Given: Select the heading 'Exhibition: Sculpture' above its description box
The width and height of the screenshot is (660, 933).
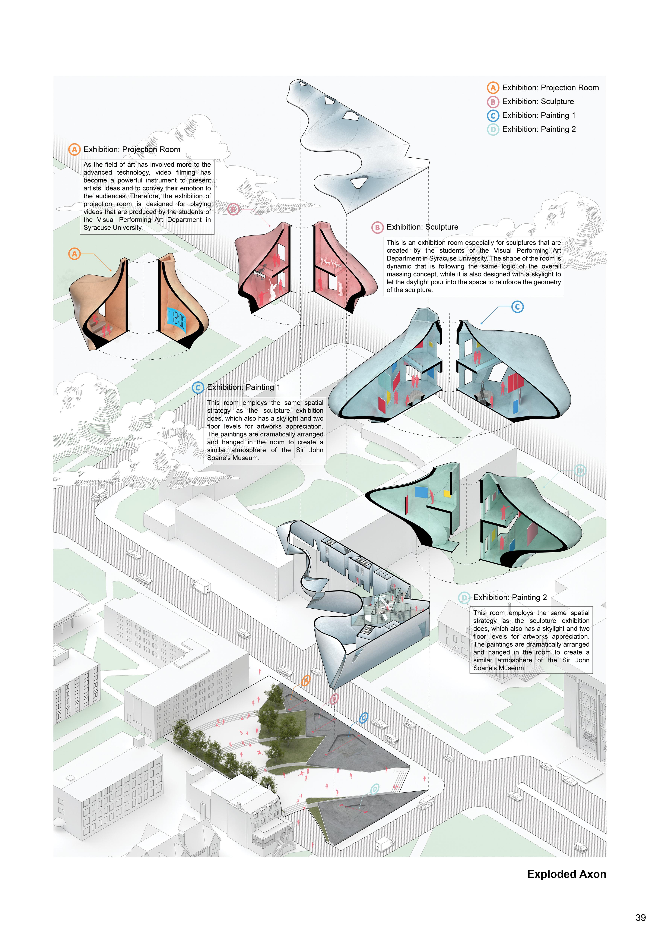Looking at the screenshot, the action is [422, 227].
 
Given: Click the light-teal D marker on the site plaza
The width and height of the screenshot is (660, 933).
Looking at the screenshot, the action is [374, 789].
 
